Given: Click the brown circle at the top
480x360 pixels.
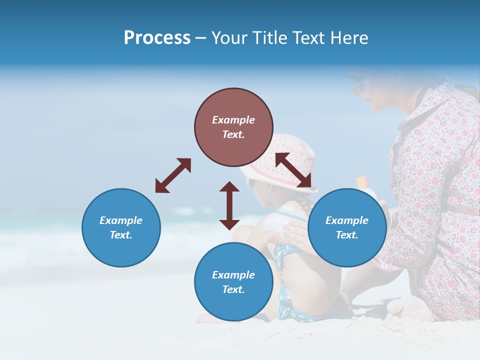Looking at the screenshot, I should tap(233, 127).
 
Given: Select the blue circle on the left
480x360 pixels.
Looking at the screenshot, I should tap(121, 227).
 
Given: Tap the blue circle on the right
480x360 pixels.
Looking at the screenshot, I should tap(347, 227).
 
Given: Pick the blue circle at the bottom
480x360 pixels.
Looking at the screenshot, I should tap(233, 282).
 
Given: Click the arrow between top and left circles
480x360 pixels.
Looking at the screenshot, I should tap(173, 175).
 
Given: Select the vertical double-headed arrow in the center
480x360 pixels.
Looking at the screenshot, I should tap(229, 205).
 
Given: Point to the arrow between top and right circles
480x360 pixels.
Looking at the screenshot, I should tap(293, 170).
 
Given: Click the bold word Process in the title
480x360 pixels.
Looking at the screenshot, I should tap(157, 37).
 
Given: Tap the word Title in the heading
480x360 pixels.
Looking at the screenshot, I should tap(269, 37).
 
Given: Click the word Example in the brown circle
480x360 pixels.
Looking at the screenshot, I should tap(233, 120).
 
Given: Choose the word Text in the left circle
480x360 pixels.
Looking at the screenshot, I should tap(121, 235).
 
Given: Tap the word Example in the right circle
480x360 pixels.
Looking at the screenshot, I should tap(347, 220).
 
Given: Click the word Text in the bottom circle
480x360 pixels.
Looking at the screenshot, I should tap(233, 289).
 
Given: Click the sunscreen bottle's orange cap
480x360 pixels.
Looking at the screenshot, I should tap(362, 181).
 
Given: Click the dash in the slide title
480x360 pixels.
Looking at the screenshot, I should tap(201, 38).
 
